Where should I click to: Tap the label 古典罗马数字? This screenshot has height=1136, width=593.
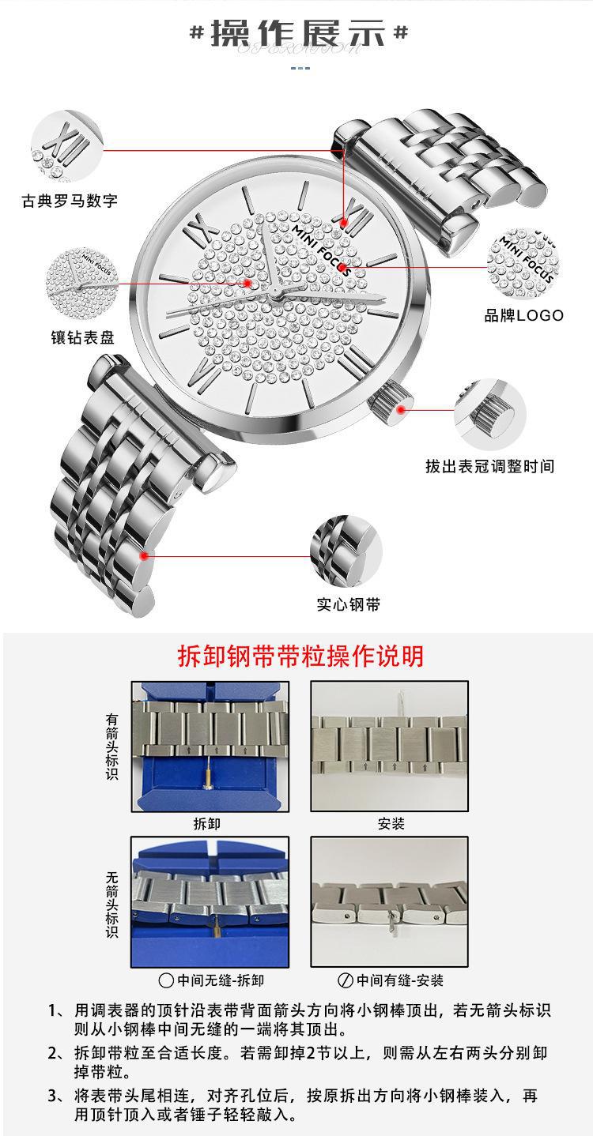click(70, 201)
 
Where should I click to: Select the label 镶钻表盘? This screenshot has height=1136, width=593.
click(83, 338)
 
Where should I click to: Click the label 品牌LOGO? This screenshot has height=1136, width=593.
click(523, 315)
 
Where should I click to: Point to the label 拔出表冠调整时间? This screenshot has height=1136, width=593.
click(489, 466)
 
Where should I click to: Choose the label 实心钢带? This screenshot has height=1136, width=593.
click(348, 604)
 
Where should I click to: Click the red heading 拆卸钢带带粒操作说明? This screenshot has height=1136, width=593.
click(300, 656)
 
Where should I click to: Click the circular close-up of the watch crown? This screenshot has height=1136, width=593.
click(490, 413)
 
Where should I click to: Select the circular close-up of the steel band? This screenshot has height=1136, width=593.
click(346, 551)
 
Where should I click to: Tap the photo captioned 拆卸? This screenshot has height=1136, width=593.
click(210, 746)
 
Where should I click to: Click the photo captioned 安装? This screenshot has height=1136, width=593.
click(389, 746)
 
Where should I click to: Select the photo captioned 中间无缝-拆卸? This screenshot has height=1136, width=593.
click(210, 901)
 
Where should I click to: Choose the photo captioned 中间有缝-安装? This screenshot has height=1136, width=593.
click(389, 901)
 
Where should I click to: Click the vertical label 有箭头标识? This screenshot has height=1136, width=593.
click(111, 746)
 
